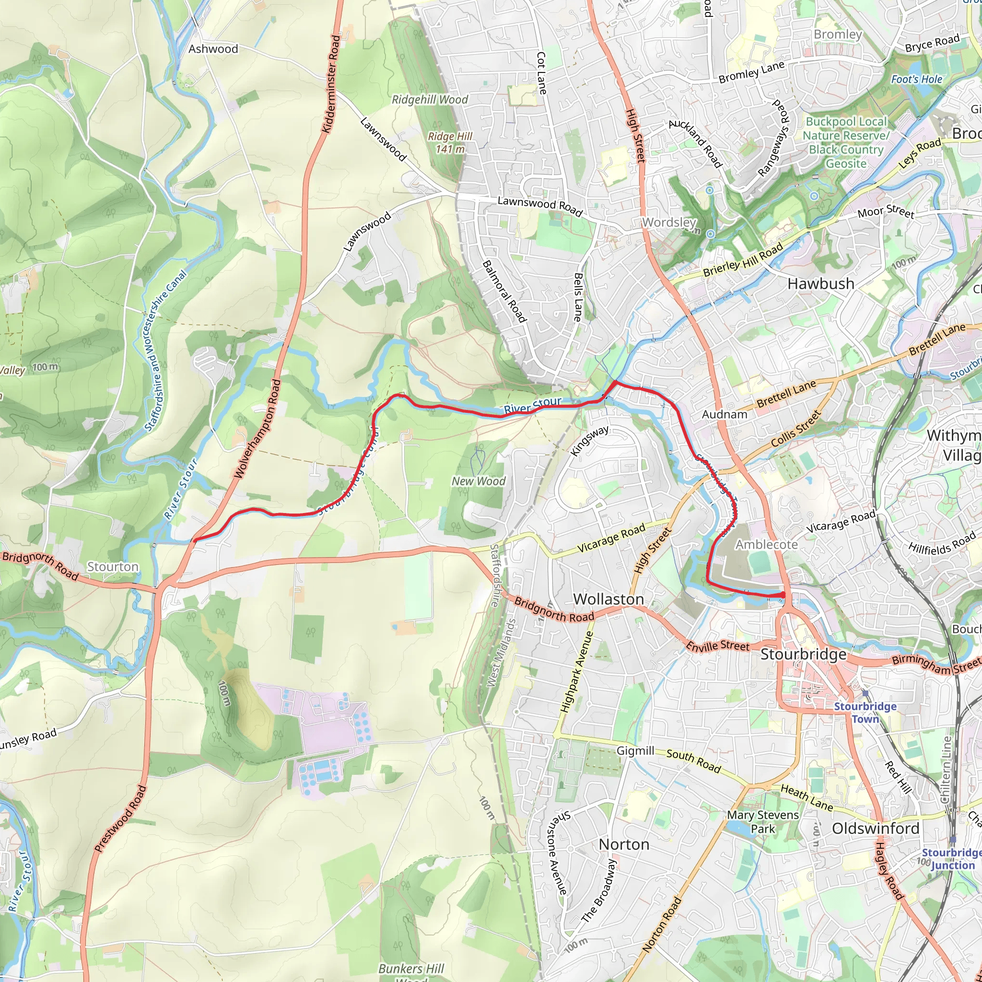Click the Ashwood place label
click(x=213, y=49)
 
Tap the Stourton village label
click(x=113, y=567)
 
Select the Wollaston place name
click(x=608, y=599)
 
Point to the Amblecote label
click(x=767, y=544)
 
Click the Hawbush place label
click(x=821, y=284)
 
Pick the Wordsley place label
click(x=669, y=222)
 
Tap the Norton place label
click(x=624, y=844)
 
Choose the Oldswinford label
click(x=876, y=829)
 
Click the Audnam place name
click(x=725, y=414)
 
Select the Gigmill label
click(x=635, y=751)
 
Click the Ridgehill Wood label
click(x=430, y=100)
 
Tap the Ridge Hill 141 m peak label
click(x=450, y=142)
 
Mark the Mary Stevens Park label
click(x=762, y=821)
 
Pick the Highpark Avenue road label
click(x=576, y=671)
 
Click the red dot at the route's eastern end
click(x=782, y=595)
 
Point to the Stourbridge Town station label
click(x=865, y=713)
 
